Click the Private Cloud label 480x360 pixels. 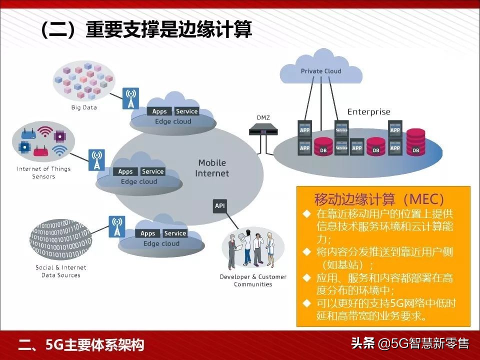pyautogui.click(x=321, y=71)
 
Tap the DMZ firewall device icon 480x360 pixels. pyautogui.click(x=263, y=131)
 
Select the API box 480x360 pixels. pyautogui.click(x=220, y=205)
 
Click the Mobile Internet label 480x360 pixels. pyautogui.click(x=212, y=168)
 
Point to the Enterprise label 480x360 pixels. pyautogui.click(x=368, y=112)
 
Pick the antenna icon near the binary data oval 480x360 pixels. pyautogui.click(x=117, y=226)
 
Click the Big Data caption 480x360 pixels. pyautogui.click(x=84, y=107)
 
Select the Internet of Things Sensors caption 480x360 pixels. pyautogui.click(x=44, y=172)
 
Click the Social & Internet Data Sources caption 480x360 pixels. pyautogui.click(x=61, y=271)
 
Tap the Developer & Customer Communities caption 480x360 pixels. pyautogui.click(x=253, y=280)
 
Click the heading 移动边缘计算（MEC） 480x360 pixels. pyautogui.click(x=379, y=198)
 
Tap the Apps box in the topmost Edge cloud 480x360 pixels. pyautogui.click(x=159, y=111)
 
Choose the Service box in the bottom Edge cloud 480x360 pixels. pyautogui.click(x=175, y=233)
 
